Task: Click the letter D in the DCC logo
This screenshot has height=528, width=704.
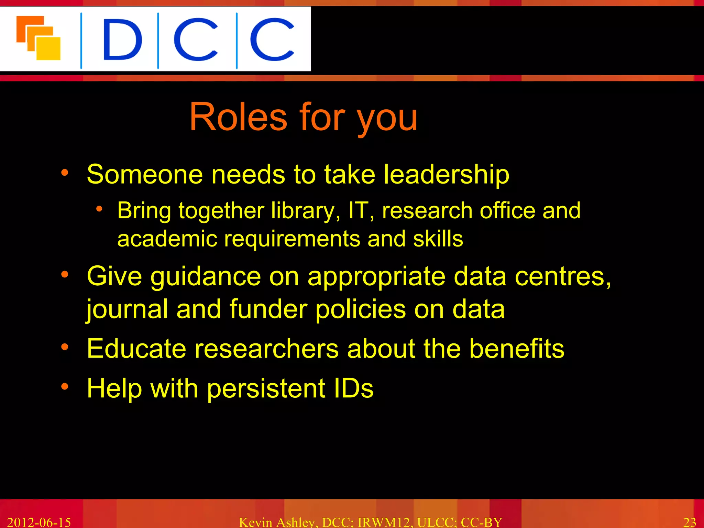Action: [122, 40]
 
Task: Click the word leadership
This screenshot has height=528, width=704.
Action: [446, 175]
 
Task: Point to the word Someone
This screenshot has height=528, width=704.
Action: [145, 175]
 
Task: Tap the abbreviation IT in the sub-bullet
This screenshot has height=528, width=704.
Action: [359, 210]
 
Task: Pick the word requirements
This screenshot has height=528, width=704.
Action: [292, 239]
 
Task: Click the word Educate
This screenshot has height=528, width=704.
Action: [136, 349]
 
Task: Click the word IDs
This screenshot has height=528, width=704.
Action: [353, 388]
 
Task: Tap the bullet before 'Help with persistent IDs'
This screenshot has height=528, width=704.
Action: [65, 386]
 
